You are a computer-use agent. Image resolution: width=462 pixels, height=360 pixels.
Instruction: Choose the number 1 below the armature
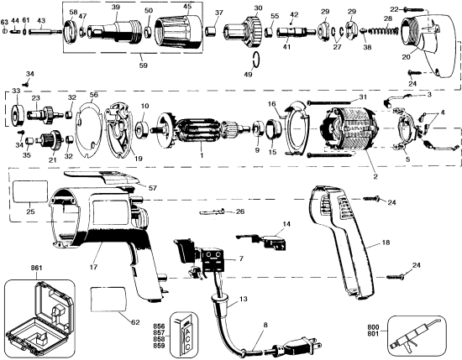click(201, 155)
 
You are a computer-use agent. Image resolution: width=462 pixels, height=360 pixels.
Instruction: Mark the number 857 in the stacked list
click(159, 331)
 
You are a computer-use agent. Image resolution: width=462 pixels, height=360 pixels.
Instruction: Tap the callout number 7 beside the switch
click(241, 260)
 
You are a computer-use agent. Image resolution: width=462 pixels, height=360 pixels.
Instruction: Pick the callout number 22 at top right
click(394, 8)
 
